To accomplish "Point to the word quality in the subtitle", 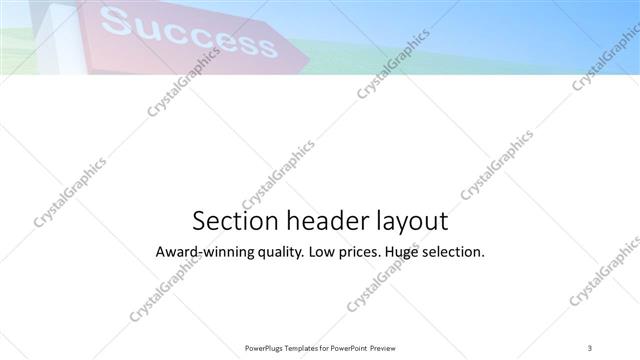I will coord(276,253).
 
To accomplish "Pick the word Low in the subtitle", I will coord(323,252).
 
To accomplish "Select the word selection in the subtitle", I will coord(456,252).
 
